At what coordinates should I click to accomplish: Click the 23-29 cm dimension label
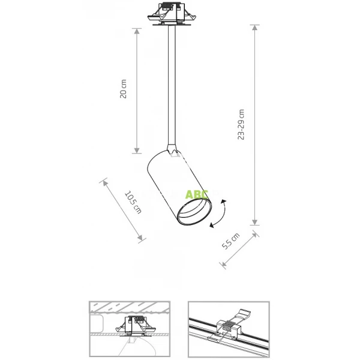coord(241,125)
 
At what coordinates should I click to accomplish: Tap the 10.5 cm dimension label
coord(133,202)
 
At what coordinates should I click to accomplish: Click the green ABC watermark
coord(197,195)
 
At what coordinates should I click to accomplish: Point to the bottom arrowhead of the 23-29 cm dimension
coord(255,221)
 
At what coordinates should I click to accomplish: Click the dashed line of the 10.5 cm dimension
coord(123,209)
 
